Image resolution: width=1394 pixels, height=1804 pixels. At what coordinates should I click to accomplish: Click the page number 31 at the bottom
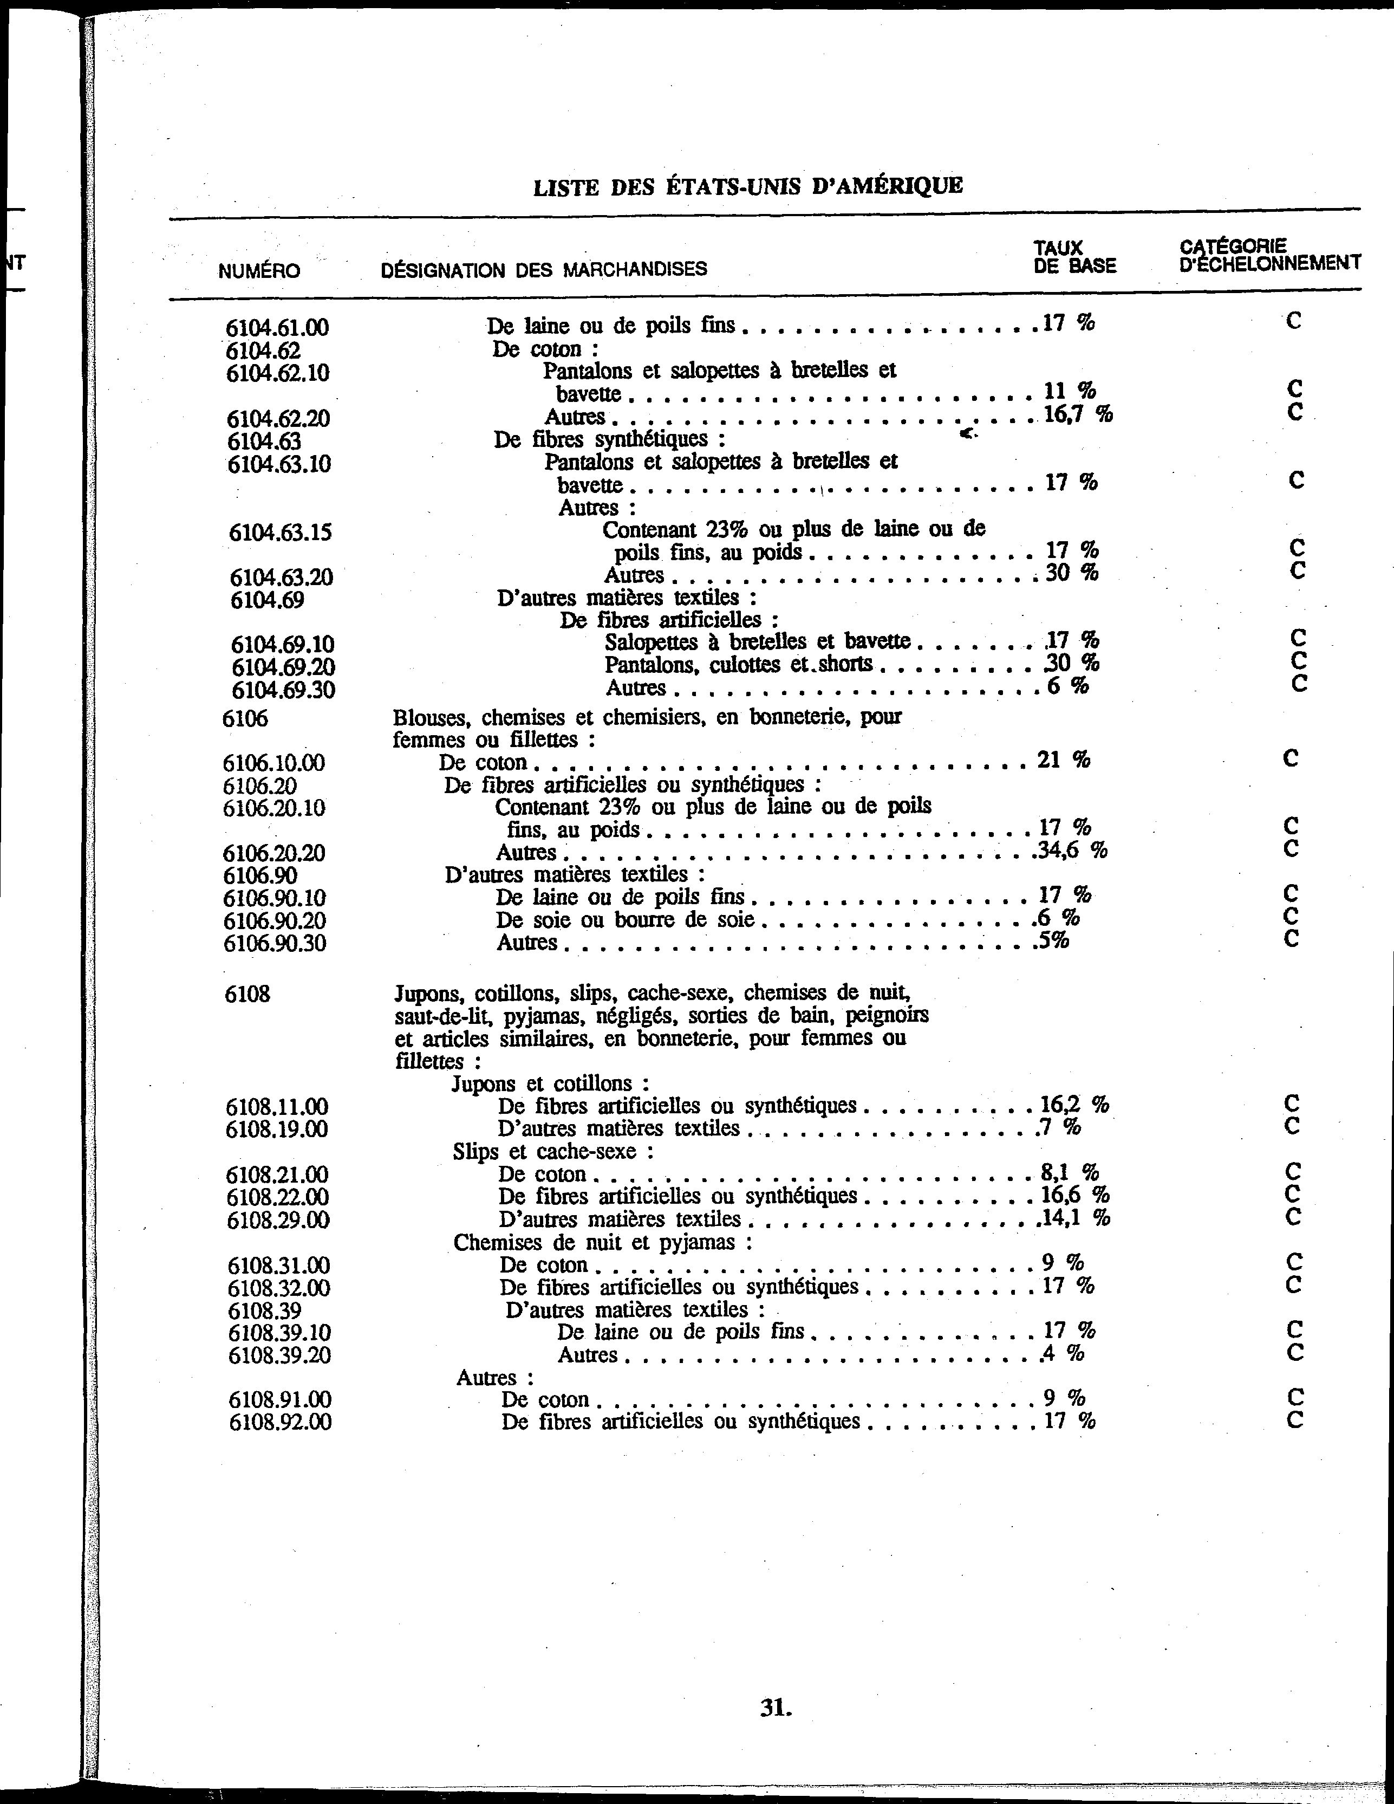coord(776,1708)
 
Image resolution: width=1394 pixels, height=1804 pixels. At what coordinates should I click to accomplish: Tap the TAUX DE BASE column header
coord(1074,257)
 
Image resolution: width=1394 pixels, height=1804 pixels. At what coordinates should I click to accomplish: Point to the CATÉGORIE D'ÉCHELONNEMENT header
coord(1269,255)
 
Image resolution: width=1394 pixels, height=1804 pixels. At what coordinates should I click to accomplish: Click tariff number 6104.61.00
coord(277,328)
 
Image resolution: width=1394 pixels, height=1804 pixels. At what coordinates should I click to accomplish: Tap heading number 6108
coord(247,994)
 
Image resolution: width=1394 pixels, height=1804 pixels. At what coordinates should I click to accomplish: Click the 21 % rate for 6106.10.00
coord(1064,759)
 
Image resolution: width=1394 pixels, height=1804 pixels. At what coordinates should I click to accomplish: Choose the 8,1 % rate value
coord(1070,1172)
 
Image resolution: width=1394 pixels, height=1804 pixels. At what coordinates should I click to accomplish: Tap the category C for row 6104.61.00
coord(1293,321)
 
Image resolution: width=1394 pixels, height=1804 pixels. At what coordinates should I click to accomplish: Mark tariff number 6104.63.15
coord(280,533)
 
